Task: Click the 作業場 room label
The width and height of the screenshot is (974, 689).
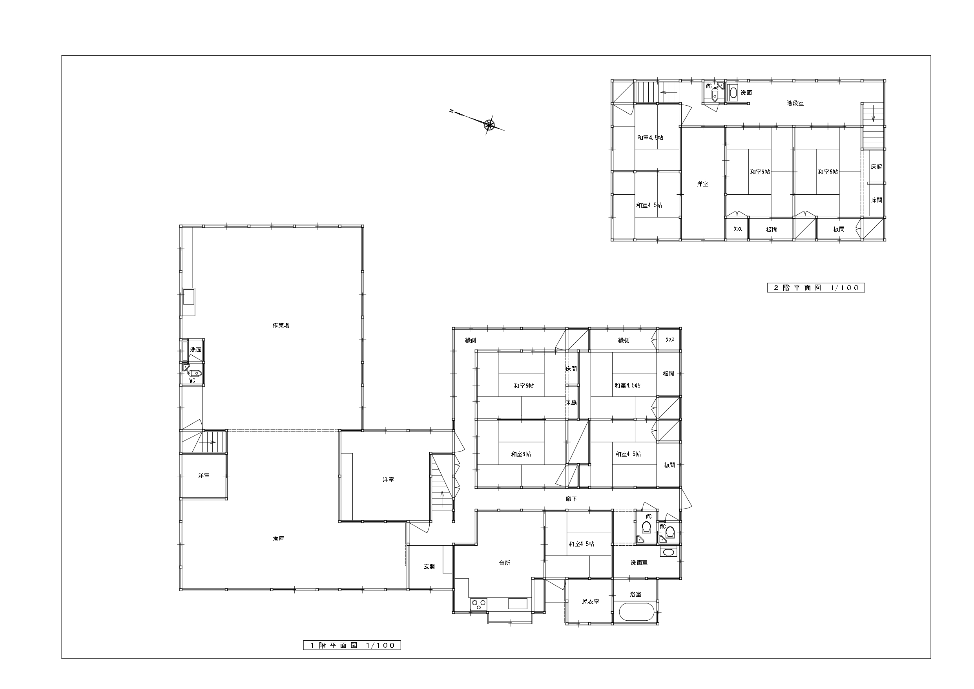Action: [281, 325]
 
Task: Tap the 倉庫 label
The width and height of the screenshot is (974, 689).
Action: [279, 539]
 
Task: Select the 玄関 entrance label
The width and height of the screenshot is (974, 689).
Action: [429, 566]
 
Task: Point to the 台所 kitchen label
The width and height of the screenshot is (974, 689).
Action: [504, 563]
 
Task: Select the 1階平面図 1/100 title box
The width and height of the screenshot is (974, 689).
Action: [352, 645]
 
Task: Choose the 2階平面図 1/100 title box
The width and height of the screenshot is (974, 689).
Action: [816, 287]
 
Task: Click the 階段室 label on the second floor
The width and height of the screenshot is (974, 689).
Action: [795, 103]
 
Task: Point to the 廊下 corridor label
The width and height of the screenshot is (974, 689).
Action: [571, 499]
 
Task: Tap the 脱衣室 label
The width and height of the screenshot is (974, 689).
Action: [591, 601]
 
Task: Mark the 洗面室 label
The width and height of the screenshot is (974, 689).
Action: [639, 563]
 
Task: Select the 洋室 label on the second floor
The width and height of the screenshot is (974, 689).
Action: [702, 184]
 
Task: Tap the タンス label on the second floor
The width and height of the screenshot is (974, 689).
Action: [738, 229]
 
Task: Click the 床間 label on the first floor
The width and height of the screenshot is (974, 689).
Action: [571, 369]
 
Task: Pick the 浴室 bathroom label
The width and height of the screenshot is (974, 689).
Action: [635, 595]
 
